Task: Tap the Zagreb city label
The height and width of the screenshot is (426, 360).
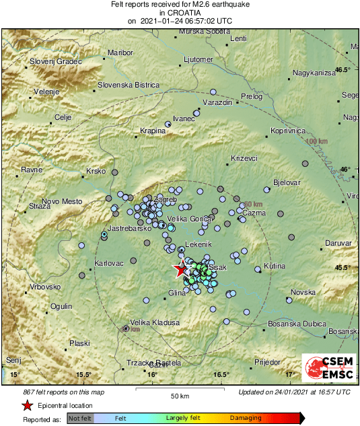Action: [x=165, y=201]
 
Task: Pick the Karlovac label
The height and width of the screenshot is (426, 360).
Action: [x=109, y=263]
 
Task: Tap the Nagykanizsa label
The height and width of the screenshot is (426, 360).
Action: [x=314, y=73]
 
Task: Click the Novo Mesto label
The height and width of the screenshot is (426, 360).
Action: [x=62, y=201]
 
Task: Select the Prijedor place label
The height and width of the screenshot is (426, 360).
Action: [x=267, y=362]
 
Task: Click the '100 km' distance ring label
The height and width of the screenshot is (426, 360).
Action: [x=316, y=141]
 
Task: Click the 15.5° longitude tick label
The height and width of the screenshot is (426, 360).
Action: [x=83, y=374]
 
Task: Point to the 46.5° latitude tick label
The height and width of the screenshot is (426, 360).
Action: [x=344, y=70]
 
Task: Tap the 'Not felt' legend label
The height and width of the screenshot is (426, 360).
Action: [x=79, y=418]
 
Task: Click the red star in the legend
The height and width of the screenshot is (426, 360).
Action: [x=27, y=405]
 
